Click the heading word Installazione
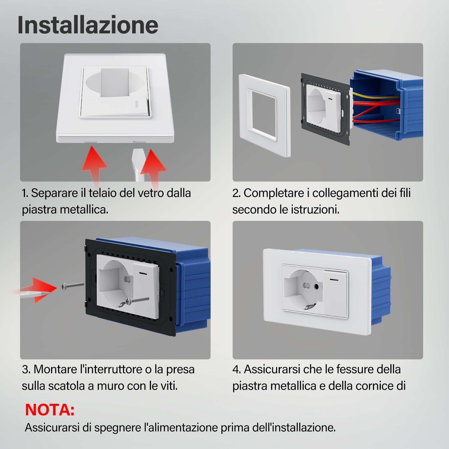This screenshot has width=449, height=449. pos(88,25)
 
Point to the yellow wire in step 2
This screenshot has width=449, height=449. pos(376,95)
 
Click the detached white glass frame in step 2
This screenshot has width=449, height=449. pos(264,116)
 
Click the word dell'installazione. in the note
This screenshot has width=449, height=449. pos(294,428)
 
